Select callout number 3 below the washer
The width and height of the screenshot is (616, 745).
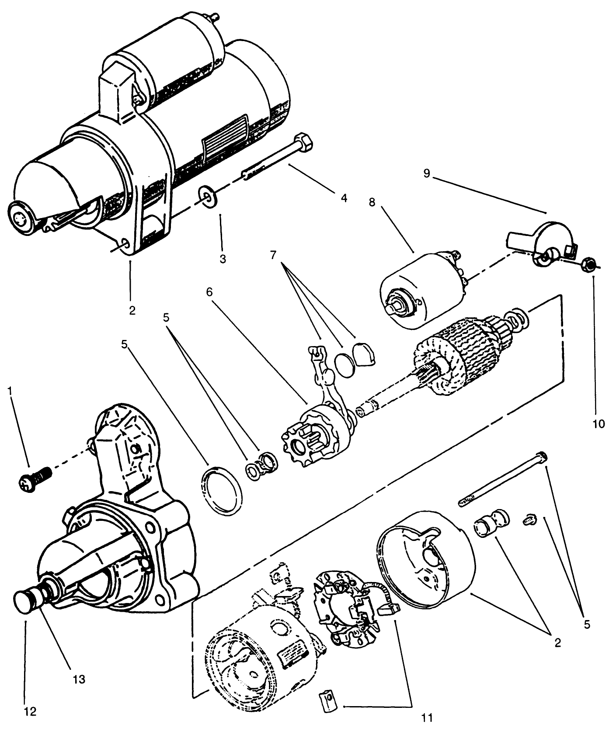coord(223,259)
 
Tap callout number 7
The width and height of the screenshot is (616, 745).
coord(273,255)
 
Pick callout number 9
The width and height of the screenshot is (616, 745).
coord(426,173)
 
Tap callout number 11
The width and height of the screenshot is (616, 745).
coord(427,717)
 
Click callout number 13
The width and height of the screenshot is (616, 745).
coord(79,679)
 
